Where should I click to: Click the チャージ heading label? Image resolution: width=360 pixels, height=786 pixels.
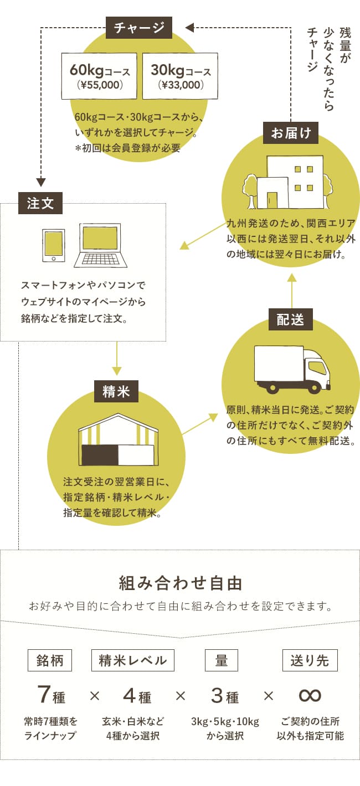point(139,28)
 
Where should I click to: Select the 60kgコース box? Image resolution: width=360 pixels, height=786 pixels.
point(100,76)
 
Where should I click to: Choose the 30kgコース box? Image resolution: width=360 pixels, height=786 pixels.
point(181,76)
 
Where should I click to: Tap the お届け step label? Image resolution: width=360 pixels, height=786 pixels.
point(291,133)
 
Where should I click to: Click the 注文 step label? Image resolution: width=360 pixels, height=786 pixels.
point(40,203)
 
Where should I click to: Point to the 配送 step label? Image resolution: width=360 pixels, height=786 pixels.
point(291,319)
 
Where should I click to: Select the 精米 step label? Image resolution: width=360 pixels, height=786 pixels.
point(116,391)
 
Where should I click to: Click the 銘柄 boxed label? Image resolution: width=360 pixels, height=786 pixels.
point(50,660)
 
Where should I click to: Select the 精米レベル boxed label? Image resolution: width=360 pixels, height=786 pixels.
point(133,660)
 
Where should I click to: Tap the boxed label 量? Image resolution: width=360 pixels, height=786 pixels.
point(222,660)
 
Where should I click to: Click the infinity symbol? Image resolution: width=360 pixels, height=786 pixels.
point(310,695)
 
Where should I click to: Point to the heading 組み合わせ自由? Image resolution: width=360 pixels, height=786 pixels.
point(180,583)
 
